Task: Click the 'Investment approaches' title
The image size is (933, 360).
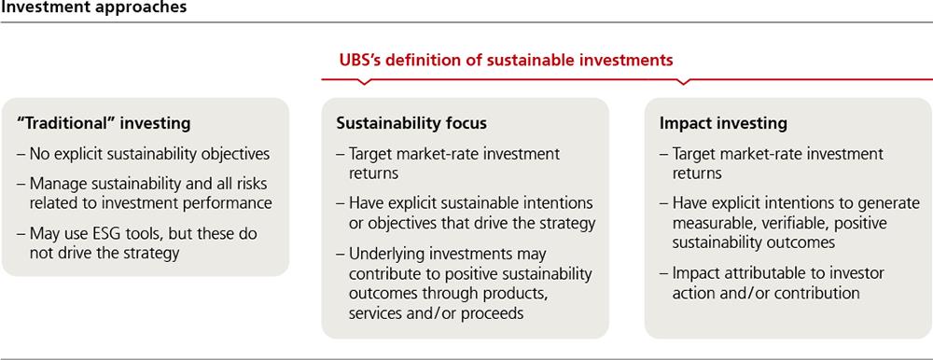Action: (x=93, y=7)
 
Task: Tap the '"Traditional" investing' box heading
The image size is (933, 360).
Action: (x=104, y=124)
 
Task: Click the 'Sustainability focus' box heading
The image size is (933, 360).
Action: (x=411, y=124)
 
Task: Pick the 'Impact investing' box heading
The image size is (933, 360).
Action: (x=724, y=124)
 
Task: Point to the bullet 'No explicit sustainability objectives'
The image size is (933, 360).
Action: (x=144, y=154)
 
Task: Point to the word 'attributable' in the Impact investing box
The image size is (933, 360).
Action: (x=754, y=273)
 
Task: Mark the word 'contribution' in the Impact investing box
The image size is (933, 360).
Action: (x=820, y=294)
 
